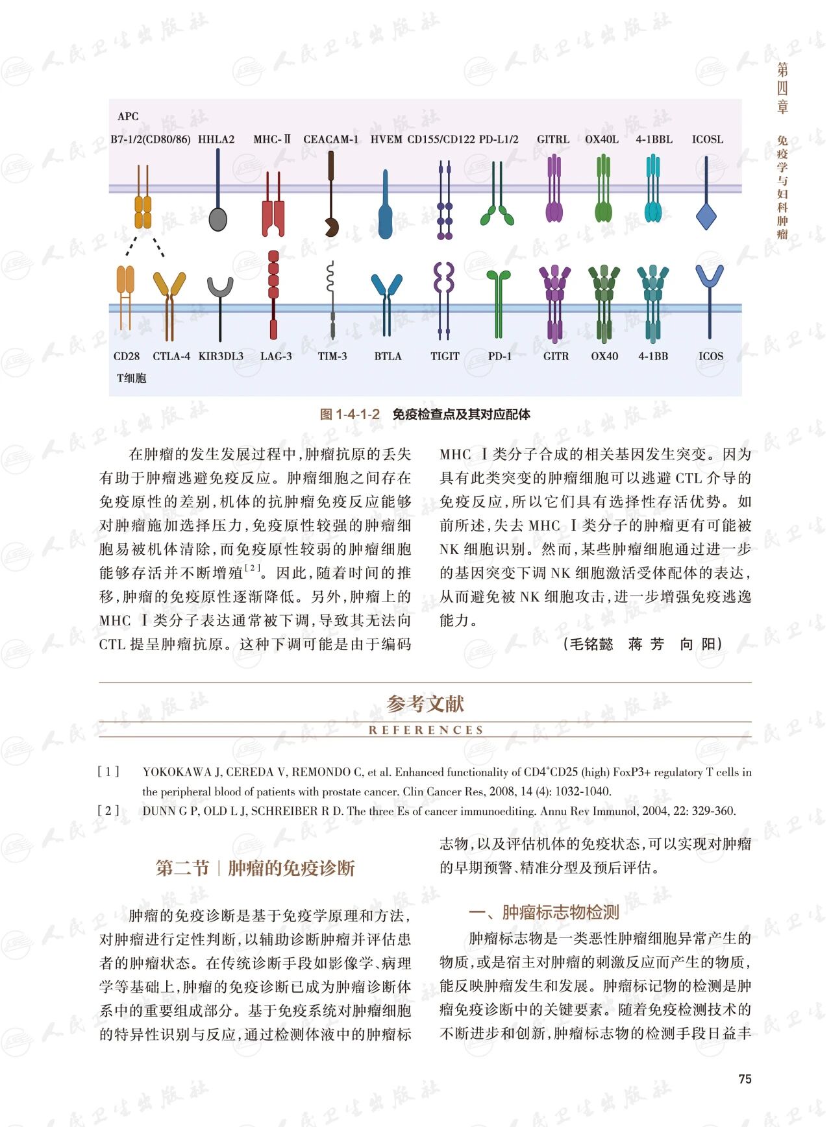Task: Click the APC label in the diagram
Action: (128, 116)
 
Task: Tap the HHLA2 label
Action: (216, 139)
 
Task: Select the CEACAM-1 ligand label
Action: (330, 139)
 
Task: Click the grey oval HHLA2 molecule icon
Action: (218, 219)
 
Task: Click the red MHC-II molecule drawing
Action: (273, 217)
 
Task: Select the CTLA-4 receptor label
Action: (171, 356)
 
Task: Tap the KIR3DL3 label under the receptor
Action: (221, 356)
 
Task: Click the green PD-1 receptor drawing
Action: (499, 302)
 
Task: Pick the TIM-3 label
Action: (332, 356)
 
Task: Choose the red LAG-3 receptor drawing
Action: (273, 295)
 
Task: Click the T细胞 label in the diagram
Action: (131, 378)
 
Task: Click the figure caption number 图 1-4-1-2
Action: (350, 414)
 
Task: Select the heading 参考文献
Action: (425, 704)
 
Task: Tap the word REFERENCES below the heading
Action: (426, 730)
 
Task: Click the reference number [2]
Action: (108, 810)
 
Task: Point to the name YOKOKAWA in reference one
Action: (177, 772)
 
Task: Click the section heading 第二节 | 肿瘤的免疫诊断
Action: (255, 868)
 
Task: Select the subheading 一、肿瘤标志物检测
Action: (544, 912)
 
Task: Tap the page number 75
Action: (745, 1079)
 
